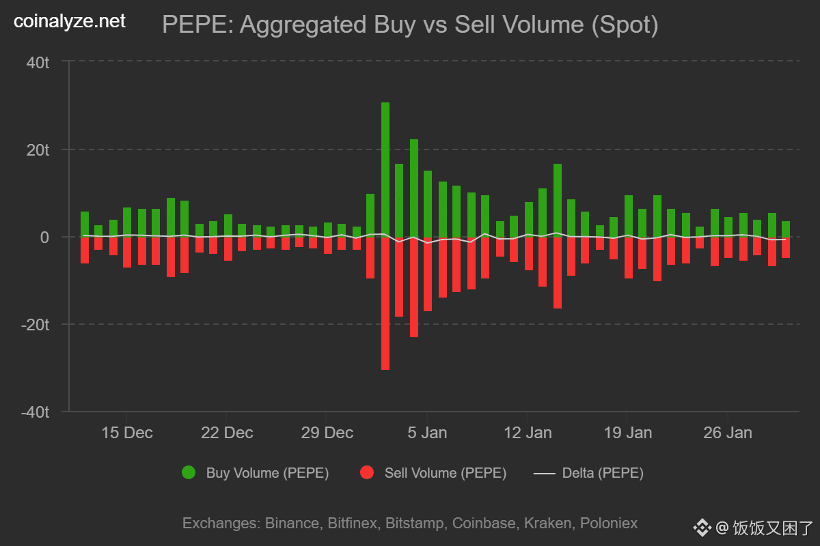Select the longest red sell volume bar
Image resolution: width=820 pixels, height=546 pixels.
point(385,303)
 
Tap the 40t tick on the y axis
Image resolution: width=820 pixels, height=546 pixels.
point(37,63)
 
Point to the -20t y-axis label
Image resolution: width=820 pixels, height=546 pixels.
point(35,325)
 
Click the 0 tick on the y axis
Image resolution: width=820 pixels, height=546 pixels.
point(44,238)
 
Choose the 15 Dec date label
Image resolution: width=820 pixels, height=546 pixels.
point(128,433)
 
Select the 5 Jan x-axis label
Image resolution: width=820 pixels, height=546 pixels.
point(428,433)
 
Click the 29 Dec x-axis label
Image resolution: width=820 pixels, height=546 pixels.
point(327,433)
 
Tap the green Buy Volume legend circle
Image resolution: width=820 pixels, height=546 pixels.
point(189,472)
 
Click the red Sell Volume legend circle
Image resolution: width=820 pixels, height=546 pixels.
point(367,472)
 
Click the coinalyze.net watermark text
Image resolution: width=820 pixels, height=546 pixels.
point(70,22)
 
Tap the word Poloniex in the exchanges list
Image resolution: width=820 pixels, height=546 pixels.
point(609,523)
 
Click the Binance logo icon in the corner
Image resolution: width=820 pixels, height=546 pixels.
point(702,528)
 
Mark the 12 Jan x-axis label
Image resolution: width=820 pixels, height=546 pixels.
point(528,433)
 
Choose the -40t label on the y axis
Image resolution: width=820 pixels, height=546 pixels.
point(35,412)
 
